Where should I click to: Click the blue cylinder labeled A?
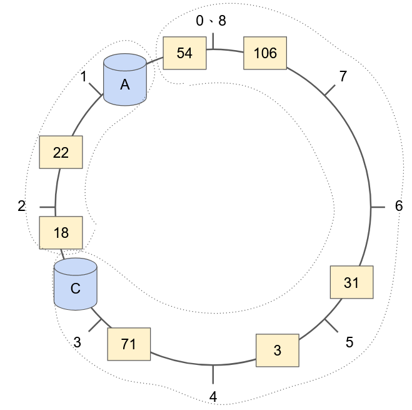[x=125, y=79]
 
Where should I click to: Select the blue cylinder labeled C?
[x=75, y=284]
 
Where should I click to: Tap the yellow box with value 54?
[x=184, y=53]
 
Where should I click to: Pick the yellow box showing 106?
[x=265, y=53]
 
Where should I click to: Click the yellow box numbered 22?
[x=61, y=152]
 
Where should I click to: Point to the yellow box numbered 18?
[x=61, y=232]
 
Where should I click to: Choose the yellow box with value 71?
[x=130, y=345]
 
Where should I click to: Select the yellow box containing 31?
[x=351, y=282]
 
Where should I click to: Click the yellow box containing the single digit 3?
[x=278, y=350]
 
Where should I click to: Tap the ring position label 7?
[x=342, y=76]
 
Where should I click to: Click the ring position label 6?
[x=399, y=206]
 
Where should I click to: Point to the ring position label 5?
[x=349, y=342]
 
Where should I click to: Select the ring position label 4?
[x=213, y=396]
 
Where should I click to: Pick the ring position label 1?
[x=84, y=76]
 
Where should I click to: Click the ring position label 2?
[x=21, y=206]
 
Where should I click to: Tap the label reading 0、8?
[x=211, y=21]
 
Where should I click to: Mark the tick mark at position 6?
[x=378, y=206]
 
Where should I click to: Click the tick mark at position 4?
[x=213, y=374]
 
